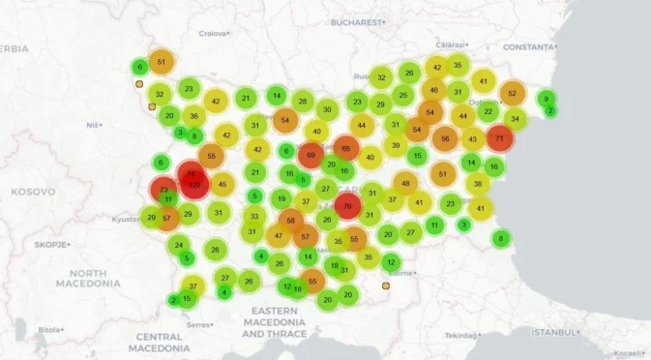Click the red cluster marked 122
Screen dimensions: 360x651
click(x=193, y=185)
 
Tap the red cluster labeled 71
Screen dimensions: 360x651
click(x=499, y=138)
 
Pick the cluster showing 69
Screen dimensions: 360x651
click(x=311, y=155)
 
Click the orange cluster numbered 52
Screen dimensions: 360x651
click(x=513, y=94)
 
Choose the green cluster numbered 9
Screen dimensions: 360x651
click(x=546, y=99)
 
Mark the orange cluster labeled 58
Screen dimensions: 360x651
click(x=291, y=221)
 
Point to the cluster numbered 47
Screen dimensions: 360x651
click(x=279, y=235)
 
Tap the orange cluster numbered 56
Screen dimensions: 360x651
click(x=445, y=138)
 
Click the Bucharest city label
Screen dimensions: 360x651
click(x=358, y=20)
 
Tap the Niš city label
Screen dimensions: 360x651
click(x=93, y=125)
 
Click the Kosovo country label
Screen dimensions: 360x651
click(x=34, y=192)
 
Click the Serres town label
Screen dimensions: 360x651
click(x=199, y=324)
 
